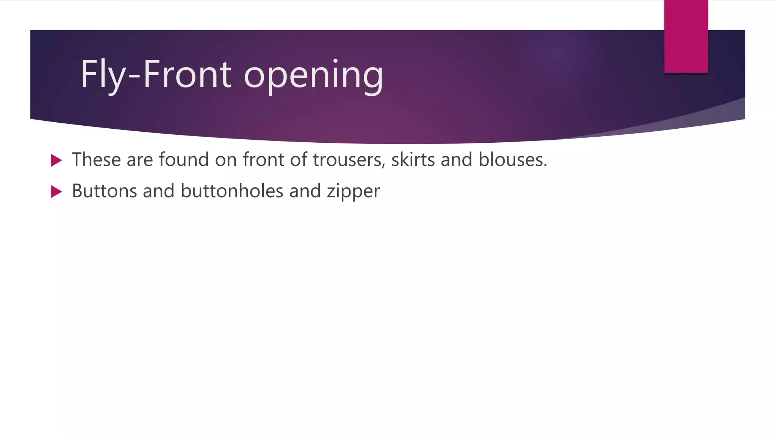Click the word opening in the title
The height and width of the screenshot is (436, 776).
(314, 75)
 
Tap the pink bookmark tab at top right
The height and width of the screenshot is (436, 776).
(686, 36)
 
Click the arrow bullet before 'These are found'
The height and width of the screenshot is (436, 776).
(56, 160)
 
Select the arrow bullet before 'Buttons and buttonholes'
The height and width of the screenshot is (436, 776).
(56, 192)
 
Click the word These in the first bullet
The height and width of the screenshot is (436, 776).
(96, 159)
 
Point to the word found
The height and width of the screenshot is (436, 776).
(184, 159)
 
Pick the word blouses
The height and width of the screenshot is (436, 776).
(513, 159)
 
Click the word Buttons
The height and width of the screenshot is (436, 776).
(104, 191)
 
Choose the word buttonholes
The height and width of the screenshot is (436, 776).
(232, 191)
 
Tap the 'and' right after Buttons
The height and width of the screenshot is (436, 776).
(158, 191)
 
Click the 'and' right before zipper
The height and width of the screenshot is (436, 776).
(305, 191)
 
